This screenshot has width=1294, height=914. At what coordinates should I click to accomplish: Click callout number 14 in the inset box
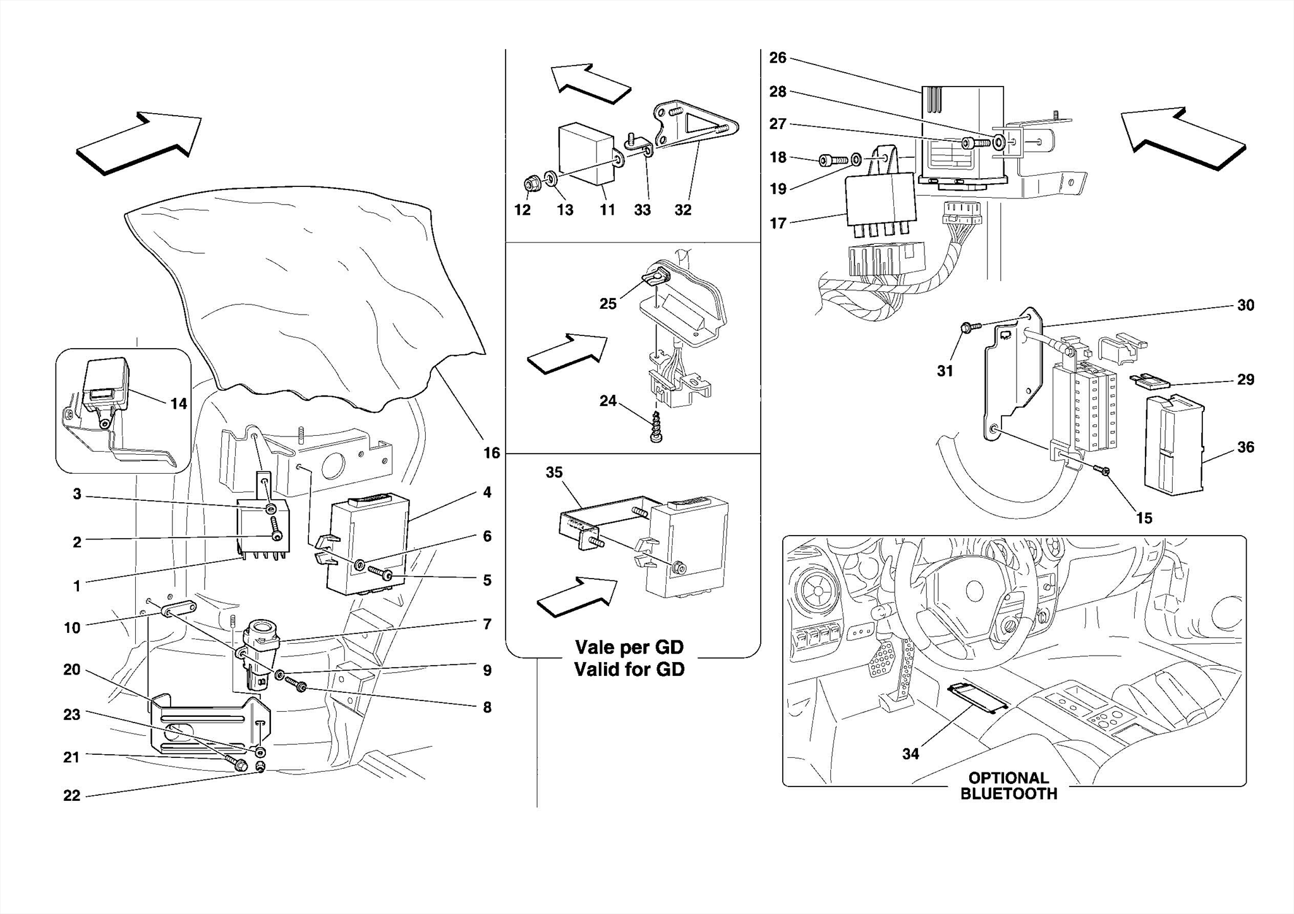pyautogui.click(x=179, y=404)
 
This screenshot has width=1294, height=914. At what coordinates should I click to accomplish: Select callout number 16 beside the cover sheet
pyautogui.click(x=491, y=453)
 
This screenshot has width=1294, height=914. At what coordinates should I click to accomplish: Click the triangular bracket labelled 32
pyautogui.click(x=695, y=129)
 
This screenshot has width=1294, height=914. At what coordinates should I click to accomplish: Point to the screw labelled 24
pyautogui.click(x=656, y=428)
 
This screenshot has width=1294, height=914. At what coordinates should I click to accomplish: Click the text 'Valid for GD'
pyautogui.click(x=629, y=670)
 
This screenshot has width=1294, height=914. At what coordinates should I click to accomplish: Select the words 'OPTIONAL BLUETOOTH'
pyautogui.click(x=1008, y=786)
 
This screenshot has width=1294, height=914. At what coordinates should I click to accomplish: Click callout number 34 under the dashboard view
pyautogui.click(x=910, y=754)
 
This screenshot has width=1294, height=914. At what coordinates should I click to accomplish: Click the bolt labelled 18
pyautogui.click(x=830, y=160)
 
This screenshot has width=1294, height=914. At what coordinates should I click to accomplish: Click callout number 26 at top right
pyautogui.click(x=777, y=58)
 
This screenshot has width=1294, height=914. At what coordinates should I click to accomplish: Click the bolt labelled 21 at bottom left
pyautogui.click(x=239, y=765)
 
